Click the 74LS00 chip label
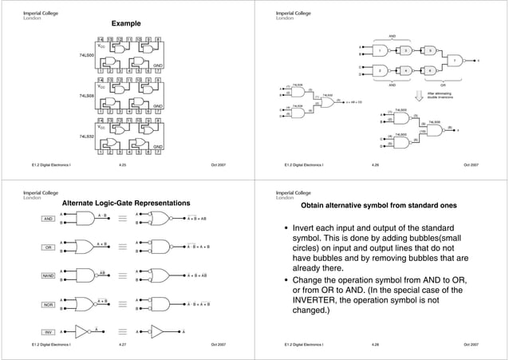(x=87, y=55)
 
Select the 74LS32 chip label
(x=87, y=136)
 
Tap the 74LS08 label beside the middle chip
(x=87, y=97)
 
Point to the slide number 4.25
(x=122, y=165)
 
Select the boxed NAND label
(x=48, y=276)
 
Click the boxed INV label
(x=48, y=331)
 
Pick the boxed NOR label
(x=48, y=305)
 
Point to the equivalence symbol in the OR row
(x=123, y=247)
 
